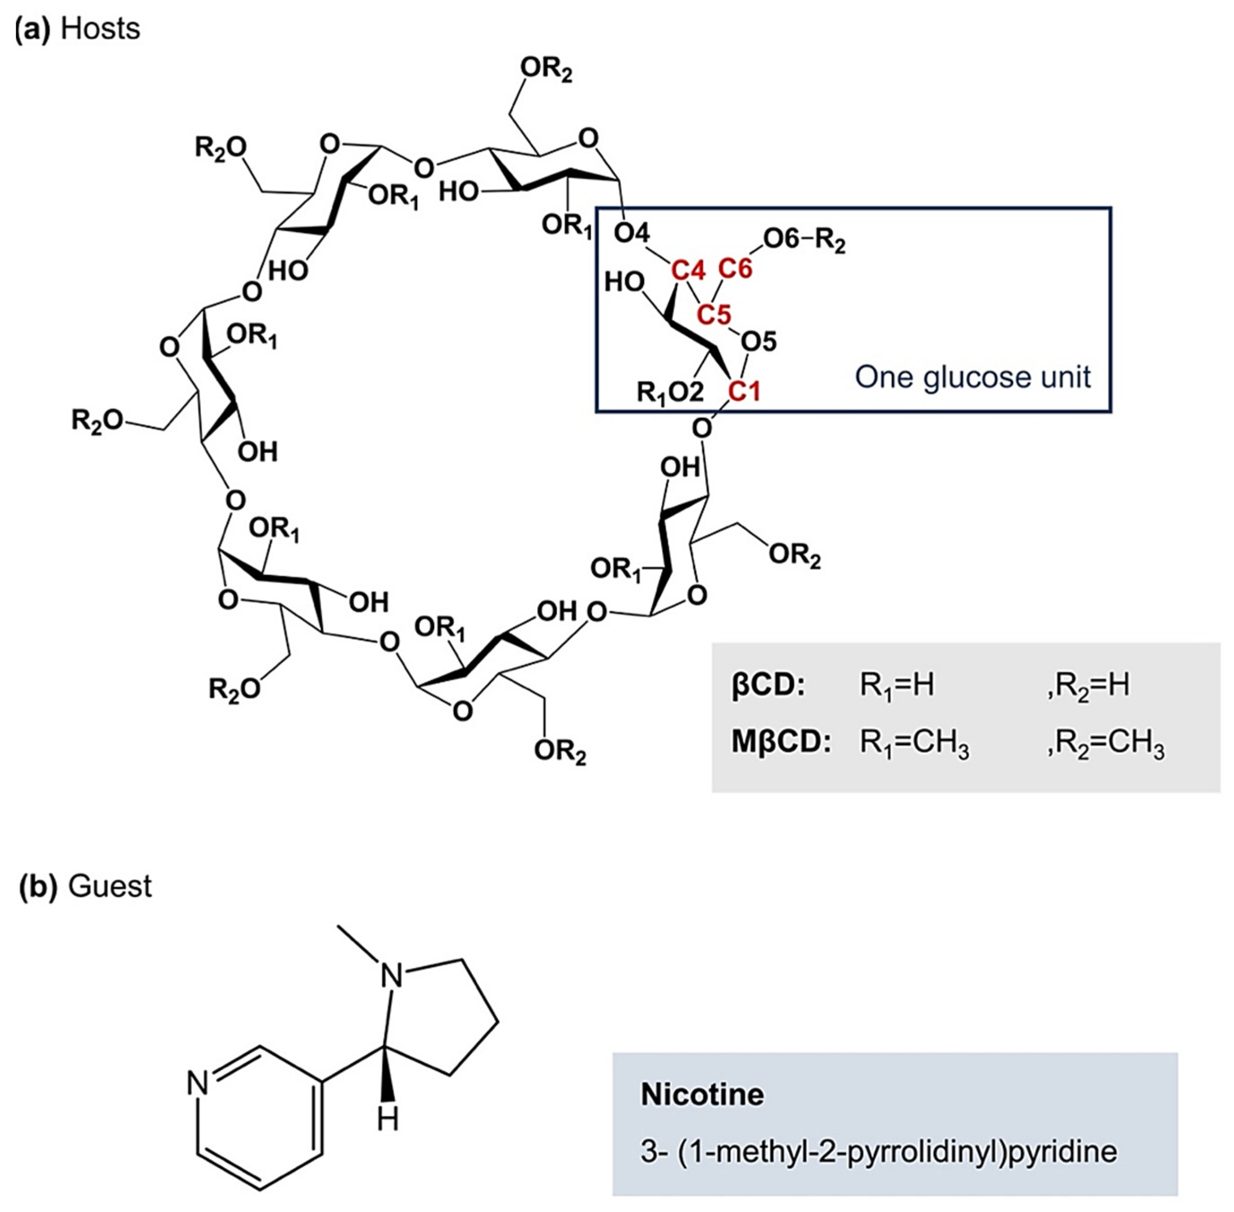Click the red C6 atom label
[x=735, y=269]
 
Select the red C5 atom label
[x=713, y=314]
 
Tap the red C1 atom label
[x=744, y=391]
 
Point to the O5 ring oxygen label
[x=759, y=342]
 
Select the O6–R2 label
[x=804, y=240]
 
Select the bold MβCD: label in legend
[x=780, y=743]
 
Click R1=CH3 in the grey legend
[x=914, y=744]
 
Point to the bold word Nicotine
[x=702, y=1094]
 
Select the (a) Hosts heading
[x=77, y=29]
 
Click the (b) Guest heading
[x=85, y=885]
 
